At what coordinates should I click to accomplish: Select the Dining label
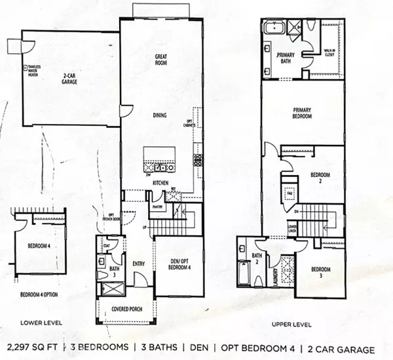click(160, 115)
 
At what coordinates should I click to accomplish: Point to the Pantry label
click(158, 206)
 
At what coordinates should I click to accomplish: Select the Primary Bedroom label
click(301, 116)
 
